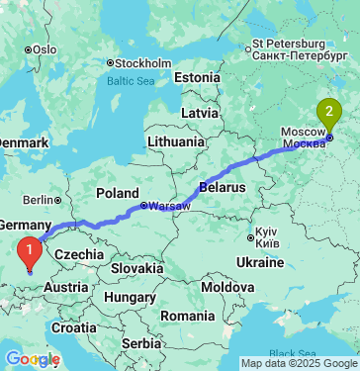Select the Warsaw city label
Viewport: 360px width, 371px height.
(170, 206)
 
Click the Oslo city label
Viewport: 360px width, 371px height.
(45, 48)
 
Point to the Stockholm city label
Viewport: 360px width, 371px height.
(143, 62)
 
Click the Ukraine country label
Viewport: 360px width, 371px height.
(261, 261)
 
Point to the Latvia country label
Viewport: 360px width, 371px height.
(199, 114)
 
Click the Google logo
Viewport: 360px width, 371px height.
(32, 358)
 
